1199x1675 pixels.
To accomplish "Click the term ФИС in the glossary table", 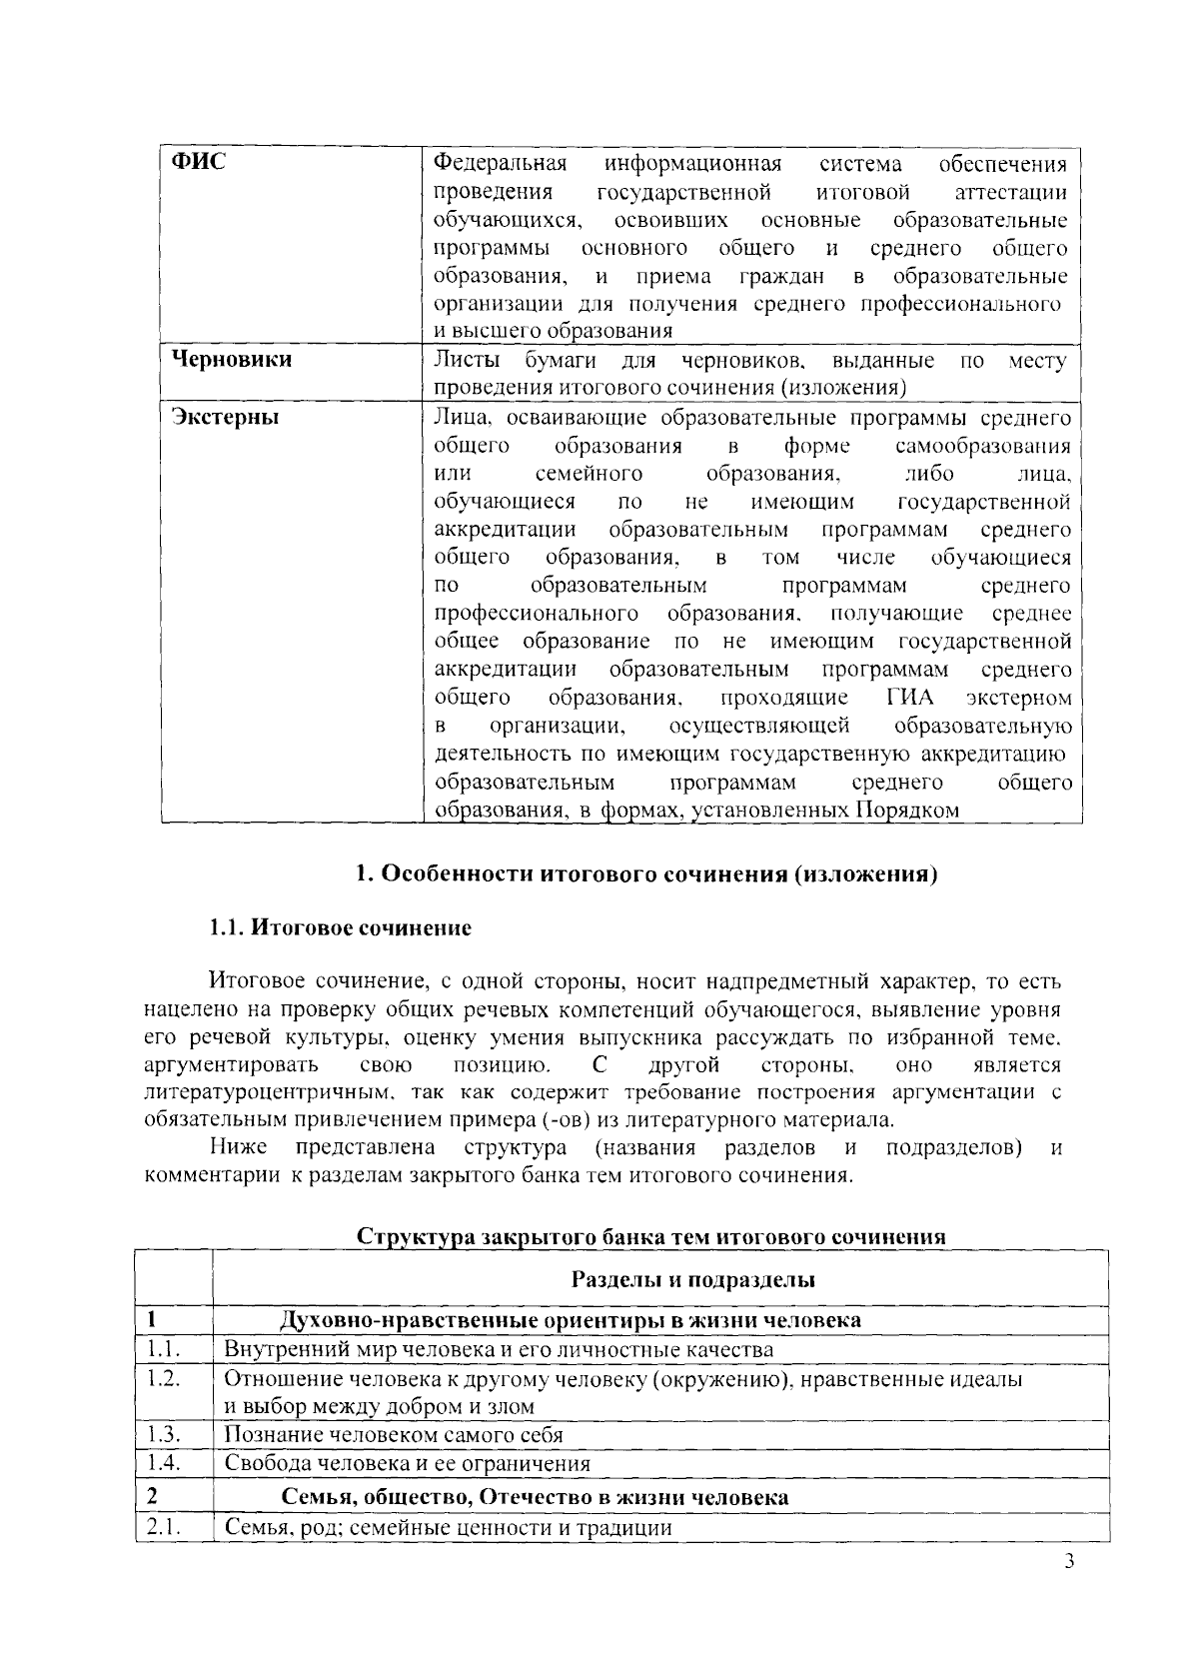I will pyautogui.click(x=198, y=162).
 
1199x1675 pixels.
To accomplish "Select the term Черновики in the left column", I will pyautogui.click(x=231, y=359).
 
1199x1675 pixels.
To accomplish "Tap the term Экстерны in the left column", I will pyautogui.click(x=224, y=417).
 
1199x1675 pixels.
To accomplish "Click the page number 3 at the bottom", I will pyautogui.click(x=1068, y=1564).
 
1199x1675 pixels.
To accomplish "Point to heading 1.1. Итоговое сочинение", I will pyautogui.click(x=340, y=927).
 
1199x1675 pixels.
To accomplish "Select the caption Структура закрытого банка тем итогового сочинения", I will pyautogui.click(x=651, y=1236).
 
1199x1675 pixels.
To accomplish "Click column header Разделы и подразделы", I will pyautogui.click(x=692, y=1279).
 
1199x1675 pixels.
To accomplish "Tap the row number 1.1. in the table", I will pyautogui.click(x=161, y=1349).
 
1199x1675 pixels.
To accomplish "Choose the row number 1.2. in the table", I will pyautogui.click(x=161, y=1379).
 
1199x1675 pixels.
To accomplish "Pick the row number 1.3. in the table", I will pyautogui.click(x=161, y=1434).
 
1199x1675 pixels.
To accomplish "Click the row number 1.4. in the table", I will pyautogui.click(x=161, y=1463).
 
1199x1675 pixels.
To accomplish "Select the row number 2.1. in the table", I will pyautogui.click(x=161, y=1527).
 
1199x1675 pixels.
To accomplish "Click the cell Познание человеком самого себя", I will pyautogui.click(x=394, y=1435).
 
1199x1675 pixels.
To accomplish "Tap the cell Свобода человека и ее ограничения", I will pyautogui.click(x=407, y=1464).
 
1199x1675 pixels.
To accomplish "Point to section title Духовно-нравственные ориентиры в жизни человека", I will pyautogui.click(x=571, y=1320).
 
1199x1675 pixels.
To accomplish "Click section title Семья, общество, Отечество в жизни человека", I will pyautogui.click(x=535, y=1497).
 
